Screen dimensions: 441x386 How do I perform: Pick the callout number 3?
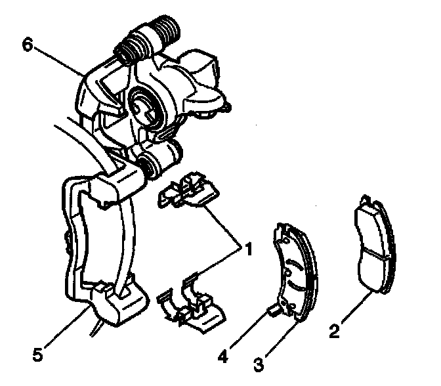[x=261, y=362]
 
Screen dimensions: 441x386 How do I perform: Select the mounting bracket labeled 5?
[x=98, y=249]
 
